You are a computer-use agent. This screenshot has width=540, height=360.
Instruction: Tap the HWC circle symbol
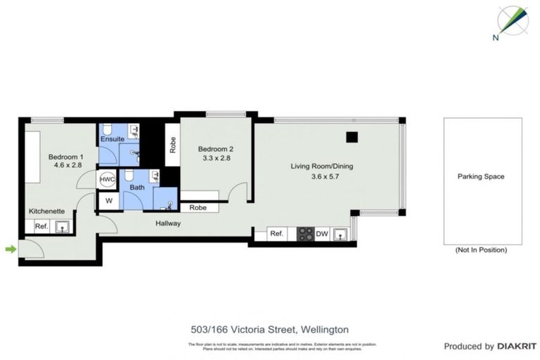pos(107,180)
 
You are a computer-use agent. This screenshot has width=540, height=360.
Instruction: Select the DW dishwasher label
pos(322,234)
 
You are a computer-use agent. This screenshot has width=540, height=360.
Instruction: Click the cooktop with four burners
pos(304,234)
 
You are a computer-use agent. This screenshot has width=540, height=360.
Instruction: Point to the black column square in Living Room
pos(352,136)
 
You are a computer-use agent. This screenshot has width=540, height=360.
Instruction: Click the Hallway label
pos(169,224)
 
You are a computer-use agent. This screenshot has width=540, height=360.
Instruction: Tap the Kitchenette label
pos(47,211)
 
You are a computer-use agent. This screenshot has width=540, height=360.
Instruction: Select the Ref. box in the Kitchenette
pos(41,226)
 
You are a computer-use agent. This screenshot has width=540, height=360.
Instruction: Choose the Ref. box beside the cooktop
pos(276,234)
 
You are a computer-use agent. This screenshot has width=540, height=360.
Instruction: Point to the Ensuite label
pos(112,139)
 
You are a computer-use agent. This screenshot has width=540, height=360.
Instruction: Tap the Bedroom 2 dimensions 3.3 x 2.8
pos(214,158)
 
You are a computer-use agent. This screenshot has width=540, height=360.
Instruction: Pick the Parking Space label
pos(481,176)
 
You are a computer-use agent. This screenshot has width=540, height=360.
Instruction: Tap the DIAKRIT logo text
pos(517,347)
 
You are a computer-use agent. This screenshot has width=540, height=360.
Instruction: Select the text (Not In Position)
pos(481,250)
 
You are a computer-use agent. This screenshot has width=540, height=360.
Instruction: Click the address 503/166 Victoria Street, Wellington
pos(270,329)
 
